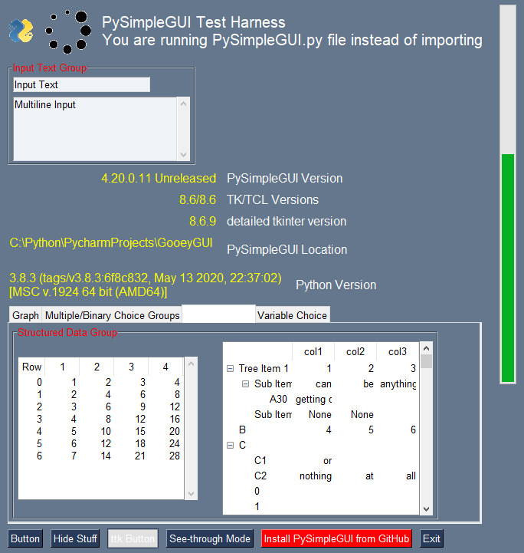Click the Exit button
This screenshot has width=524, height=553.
click(431, 538)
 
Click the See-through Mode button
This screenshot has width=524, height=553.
click(210, 538)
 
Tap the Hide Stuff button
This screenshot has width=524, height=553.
click(75, 538)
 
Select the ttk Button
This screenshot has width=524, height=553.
click(133, 538)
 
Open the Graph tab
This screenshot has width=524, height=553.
click(25, 315)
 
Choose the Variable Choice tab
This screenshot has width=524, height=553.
click(292, 315)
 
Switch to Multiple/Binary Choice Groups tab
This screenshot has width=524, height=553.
click(112, 315)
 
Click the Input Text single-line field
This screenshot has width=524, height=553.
click(81, 84)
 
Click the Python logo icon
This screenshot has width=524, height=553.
click(21, 31)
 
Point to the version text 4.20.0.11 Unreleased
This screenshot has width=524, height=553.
click(159, 179)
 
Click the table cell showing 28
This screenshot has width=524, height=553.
click(175, 456)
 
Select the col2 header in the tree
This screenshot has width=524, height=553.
click(355, 351)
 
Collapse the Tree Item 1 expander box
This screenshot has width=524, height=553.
click(231, 369)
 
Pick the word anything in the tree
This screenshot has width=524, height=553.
click(397, 384)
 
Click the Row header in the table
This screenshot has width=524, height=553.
click(31, 367)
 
